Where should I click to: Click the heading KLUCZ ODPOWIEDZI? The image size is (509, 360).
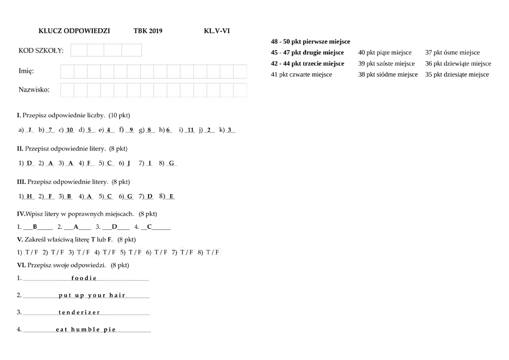point(74,31)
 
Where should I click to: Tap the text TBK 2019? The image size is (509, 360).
point(148,31)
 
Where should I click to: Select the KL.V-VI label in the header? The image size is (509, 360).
point(217,31)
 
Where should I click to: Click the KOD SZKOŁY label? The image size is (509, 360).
point(41,50)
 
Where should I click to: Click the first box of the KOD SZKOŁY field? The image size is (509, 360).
point(79,50)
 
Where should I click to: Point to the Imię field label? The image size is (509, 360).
point(26,71)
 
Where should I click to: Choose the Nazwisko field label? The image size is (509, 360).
point(34,90)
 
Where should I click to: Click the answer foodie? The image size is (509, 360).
point(84,278)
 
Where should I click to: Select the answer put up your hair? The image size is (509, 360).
point(92,295)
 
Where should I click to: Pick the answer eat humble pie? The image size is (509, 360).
point(86,329)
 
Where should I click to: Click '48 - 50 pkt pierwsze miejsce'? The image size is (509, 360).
point(310,42)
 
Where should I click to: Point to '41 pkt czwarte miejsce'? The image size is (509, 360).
point(301,74)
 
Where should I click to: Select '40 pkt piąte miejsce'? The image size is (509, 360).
point(385,53)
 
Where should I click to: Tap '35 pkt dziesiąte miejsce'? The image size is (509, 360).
point(457,74)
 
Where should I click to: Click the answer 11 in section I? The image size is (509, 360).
point(190,130)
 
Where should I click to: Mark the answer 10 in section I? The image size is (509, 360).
point(70,130)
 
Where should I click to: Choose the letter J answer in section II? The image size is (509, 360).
point(129,163)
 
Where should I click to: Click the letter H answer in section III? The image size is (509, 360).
point(29,196)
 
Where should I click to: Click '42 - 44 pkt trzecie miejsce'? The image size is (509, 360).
point(307,63)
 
